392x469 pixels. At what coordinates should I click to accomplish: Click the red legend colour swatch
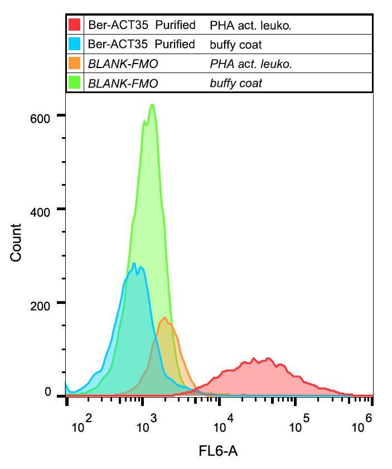click(75, 25)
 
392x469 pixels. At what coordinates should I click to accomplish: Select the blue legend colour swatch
click(75, 44)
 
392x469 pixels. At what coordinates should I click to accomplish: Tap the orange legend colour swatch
click(75, 64)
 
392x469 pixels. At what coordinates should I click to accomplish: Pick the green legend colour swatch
click(75, 83)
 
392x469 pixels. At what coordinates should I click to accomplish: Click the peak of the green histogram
click(152, 105)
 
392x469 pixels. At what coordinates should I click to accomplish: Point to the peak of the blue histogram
click(134, 263)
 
